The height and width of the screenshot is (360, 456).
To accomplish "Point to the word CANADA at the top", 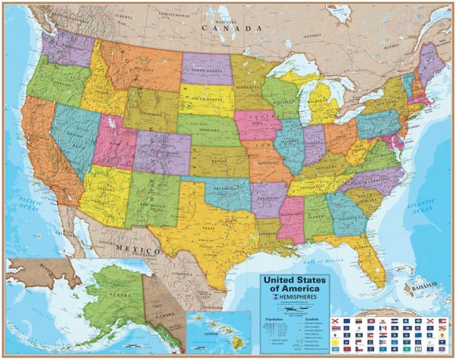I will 233,28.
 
